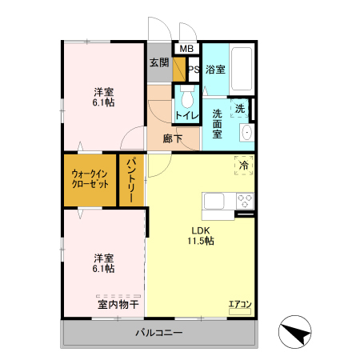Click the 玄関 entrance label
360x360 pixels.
158,62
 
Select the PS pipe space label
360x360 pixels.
193,69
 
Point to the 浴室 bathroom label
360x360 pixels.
214,69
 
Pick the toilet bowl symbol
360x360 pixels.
186,99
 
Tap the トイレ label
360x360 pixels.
187,116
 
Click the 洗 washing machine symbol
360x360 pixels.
239,108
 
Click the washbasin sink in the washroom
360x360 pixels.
246,131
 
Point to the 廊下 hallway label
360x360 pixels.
172,138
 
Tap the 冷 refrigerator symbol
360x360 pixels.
243,165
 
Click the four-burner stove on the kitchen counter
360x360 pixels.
244,201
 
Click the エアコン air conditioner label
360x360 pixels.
240,304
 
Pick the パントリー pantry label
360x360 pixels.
132,181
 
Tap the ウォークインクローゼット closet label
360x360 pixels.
90,178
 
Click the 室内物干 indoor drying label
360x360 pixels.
118,304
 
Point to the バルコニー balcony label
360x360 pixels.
158,333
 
